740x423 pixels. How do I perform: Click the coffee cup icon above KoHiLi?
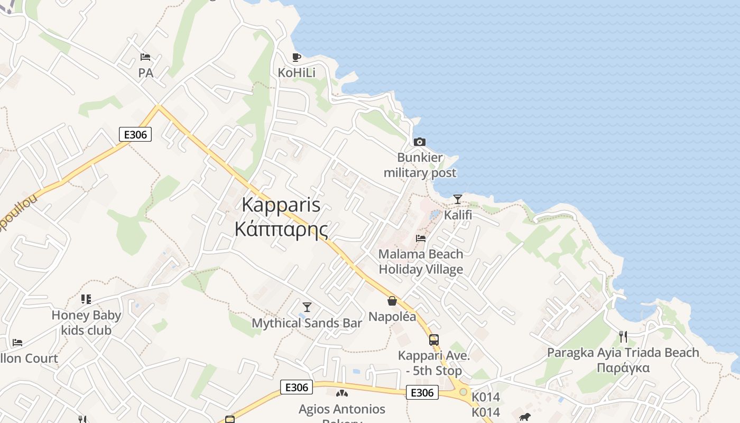point(297,57)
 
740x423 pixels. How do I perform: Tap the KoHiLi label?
point(297,72)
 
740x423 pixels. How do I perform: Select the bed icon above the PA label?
point(145,57)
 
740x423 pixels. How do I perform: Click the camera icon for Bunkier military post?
point(420,142)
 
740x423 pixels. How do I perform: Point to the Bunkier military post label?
point(420,165)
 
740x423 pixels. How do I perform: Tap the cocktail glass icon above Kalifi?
point(458,199)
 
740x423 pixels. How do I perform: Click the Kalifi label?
point(458,215)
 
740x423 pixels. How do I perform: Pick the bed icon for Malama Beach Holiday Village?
point(421,238)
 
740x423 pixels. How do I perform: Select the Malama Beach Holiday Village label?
point(421,262)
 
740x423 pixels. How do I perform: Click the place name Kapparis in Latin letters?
point(281,205)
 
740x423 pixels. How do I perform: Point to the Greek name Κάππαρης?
point(281,229)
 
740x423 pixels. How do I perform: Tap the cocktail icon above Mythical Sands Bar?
point(307,307)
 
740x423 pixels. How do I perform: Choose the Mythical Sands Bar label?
point(307,323)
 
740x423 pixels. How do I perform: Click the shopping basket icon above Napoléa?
point(392,301)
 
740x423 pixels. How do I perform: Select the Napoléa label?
point(392,317)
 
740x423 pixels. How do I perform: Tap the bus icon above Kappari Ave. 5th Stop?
point(434,340)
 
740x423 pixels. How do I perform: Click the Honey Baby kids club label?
point(86,323)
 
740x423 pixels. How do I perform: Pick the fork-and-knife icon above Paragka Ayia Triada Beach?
point(623,336)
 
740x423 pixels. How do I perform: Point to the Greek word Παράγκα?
point(623,368)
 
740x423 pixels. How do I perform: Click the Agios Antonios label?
point(342,409)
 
